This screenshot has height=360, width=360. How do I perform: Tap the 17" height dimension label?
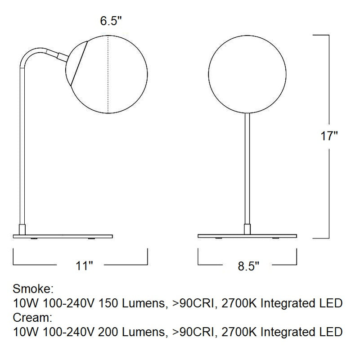click(x=329, y=136)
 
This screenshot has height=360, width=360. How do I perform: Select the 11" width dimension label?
click(x=84, y=265)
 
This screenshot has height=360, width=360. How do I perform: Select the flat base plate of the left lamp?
click(x=63, y=235)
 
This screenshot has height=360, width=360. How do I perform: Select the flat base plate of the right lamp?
click(x=247, y=235)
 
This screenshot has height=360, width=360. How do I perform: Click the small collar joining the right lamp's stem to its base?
click(x=247, y=229)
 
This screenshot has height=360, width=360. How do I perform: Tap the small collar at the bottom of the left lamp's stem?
click(x=22, y=229)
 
